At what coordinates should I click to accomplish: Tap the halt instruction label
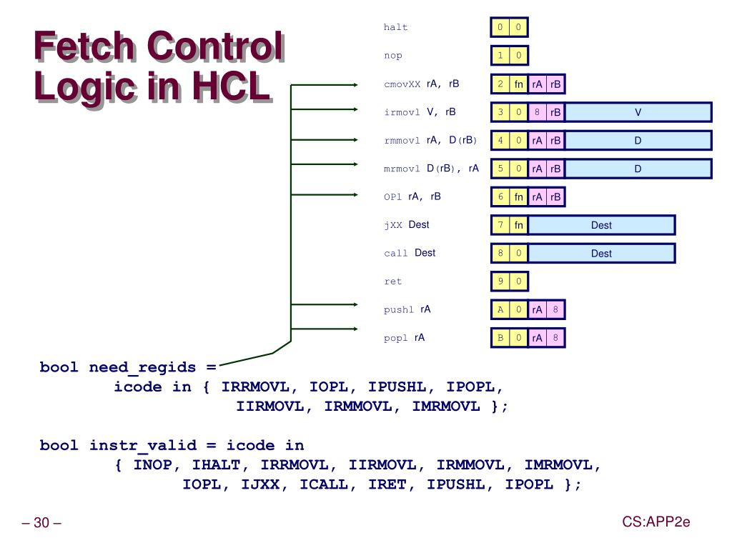coord(395,27)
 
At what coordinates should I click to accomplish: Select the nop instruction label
coord(392,56)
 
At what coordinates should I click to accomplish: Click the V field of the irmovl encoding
coord(638,112)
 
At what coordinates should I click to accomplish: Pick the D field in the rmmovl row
coord(638,141)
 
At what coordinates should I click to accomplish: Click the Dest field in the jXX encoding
coord(601,225)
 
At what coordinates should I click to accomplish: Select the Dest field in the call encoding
coord(601,253)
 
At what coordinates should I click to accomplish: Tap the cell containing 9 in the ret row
coord(500,282)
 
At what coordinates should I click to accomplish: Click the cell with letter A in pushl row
coord(500,309)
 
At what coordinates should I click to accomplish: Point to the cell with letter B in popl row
coord(500,337)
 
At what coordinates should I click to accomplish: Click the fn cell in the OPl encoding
coord(519,197)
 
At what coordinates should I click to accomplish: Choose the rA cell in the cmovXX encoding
coord(538,84)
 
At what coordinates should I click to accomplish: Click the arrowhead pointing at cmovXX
coord(355,84)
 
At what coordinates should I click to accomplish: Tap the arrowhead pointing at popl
coord(355,329)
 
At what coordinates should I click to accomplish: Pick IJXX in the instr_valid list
coord(262,484)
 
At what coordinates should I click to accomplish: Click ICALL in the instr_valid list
coord(324,484)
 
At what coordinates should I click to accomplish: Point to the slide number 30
coord(41,524)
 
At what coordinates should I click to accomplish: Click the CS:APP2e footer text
coord(656,522)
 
